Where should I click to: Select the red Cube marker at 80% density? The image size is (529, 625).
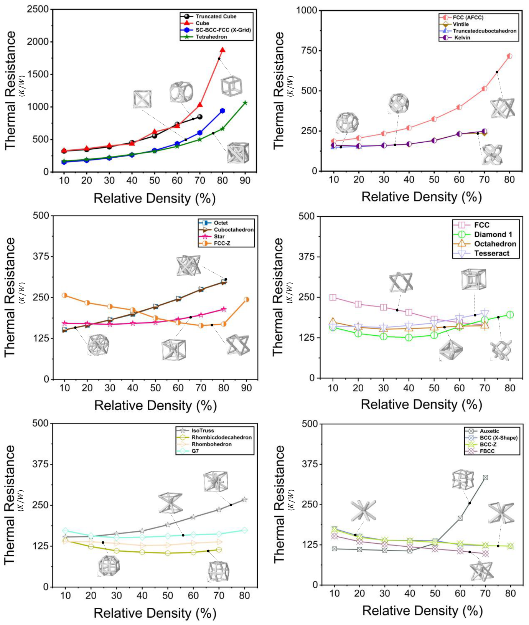[x=222, y=50]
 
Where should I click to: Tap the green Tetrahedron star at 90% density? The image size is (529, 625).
[x=245, y=103]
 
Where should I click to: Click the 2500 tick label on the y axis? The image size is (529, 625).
[x=38, y=9]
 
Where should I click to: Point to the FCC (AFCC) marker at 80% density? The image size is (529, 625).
[x=509, y=56]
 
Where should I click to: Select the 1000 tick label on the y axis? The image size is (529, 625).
[x=307, y=10]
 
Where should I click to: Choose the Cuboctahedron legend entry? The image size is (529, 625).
[x=226, y=230]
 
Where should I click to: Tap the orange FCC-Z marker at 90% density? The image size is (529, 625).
[x=246, y=299]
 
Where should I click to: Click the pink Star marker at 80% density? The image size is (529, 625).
[x=224, y=309]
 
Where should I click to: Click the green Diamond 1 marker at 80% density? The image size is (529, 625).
[x=510, y=315]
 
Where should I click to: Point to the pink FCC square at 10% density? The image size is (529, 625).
[x=333, y=297]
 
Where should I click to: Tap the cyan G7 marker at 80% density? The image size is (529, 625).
[x=244, y=530]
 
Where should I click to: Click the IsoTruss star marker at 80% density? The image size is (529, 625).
[x=244, y=500]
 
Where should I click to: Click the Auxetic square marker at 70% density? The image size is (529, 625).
[x=485, y=478]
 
